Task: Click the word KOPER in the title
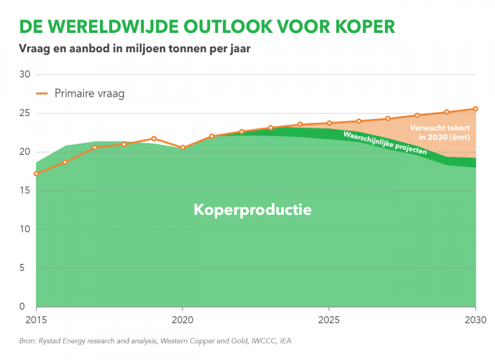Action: (x=358, y=26)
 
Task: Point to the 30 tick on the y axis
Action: (x=24, y=74)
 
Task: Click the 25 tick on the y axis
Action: (x=24, y=113)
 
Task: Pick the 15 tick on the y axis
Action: (x=24, y=190)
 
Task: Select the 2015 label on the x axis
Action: (x=36, y=319)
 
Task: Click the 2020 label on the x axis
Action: (x=182, y=319)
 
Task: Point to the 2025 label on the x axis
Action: (x=329, y=319)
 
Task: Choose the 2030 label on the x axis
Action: (x=475, y=319)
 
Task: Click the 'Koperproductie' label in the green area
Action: (x=253, y=210)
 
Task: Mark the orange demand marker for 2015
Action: (x=36, y=174)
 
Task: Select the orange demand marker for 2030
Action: (x=476, y=108)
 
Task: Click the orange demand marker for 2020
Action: (x=182, y=148)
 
